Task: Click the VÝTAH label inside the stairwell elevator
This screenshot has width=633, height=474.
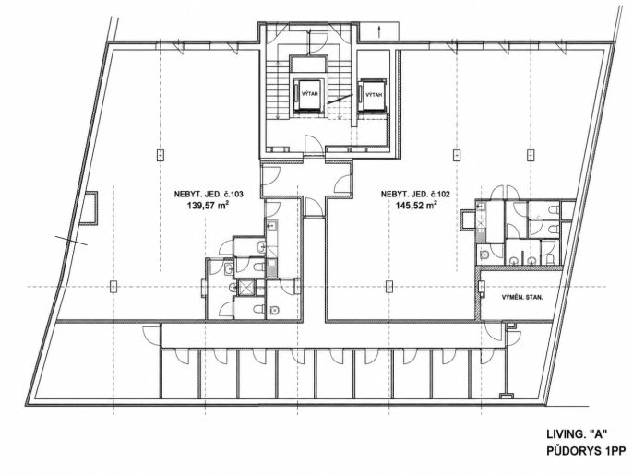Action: pyautogui.click(x=310, y=93)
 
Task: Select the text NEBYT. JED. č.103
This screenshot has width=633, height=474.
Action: pyautogui.click(x=209, y=194)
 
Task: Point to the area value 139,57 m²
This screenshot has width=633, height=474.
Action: pyautogui.click(x=209, y=205)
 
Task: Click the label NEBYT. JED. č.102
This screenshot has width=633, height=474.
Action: pyautogui.click(x=415, y=194)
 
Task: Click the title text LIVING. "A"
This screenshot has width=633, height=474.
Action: pyautogui.click(x=577, y=434)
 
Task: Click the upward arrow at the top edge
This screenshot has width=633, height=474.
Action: pyautogui.click(x=379, y=31)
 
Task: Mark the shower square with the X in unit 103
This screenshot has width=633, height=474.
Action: pyautogui.click(x=245, y=287)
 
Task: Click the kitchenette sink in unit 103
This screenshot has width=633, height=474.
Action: pyautogui.click(x=271, y=226)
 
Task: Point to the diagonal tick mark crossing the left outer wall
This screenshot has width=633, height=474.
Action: pyautogui.click(x=71, y=240)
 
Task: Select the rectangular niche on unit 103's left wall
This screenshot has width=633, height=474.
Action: pyautogui.click(x=90, y=207)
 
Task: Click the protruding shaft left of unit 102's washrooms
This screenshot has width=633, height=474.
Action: pyautogui.click(x=468, y=219)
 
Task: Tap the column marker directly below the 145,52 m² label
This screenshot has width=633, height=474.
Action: pyautogui.click(x=388, y=286)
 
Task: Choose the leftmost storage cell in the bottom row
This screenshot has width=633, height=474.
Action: pyautogui.click(x=180, y=373)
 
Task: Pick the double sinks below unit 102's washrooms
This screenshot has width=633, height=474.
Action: pyautogui.click(x=523, y=261)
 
